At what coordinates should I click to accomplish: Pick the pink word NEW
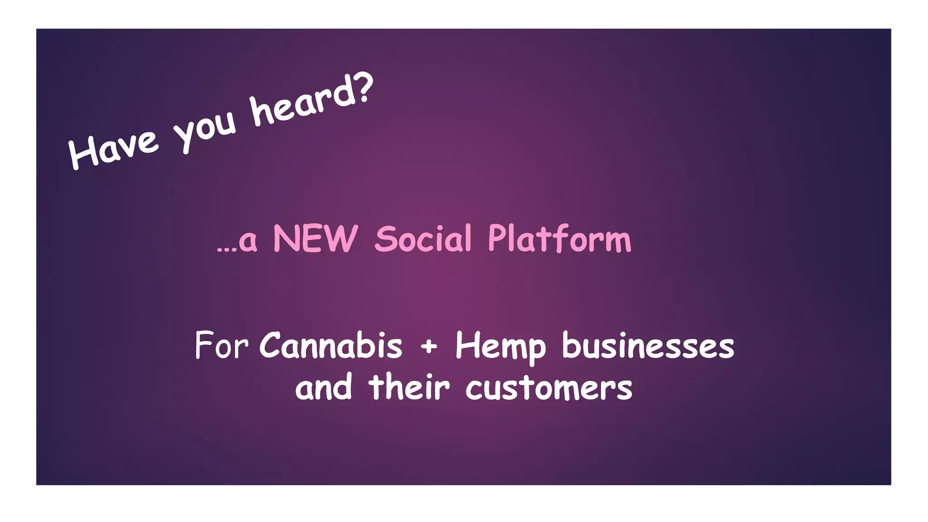click(315, 239)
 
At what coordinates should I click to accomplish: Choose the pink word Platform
click(559, 239)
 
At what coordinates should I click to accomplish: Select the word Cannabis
click(331, 346)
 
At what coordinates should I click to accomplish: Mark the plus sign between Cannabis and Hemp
click(429, 347)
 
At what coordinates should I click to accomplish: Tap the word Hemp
click(501, 347)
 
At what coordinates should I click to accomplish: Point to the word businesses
click(648, 347)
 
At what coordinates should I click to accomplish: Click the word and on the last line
click(324, 387)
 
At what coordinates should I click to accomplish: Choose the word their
click(409, 387)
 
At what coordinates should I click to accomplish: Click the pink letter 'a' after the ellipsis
click(248, 242)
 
